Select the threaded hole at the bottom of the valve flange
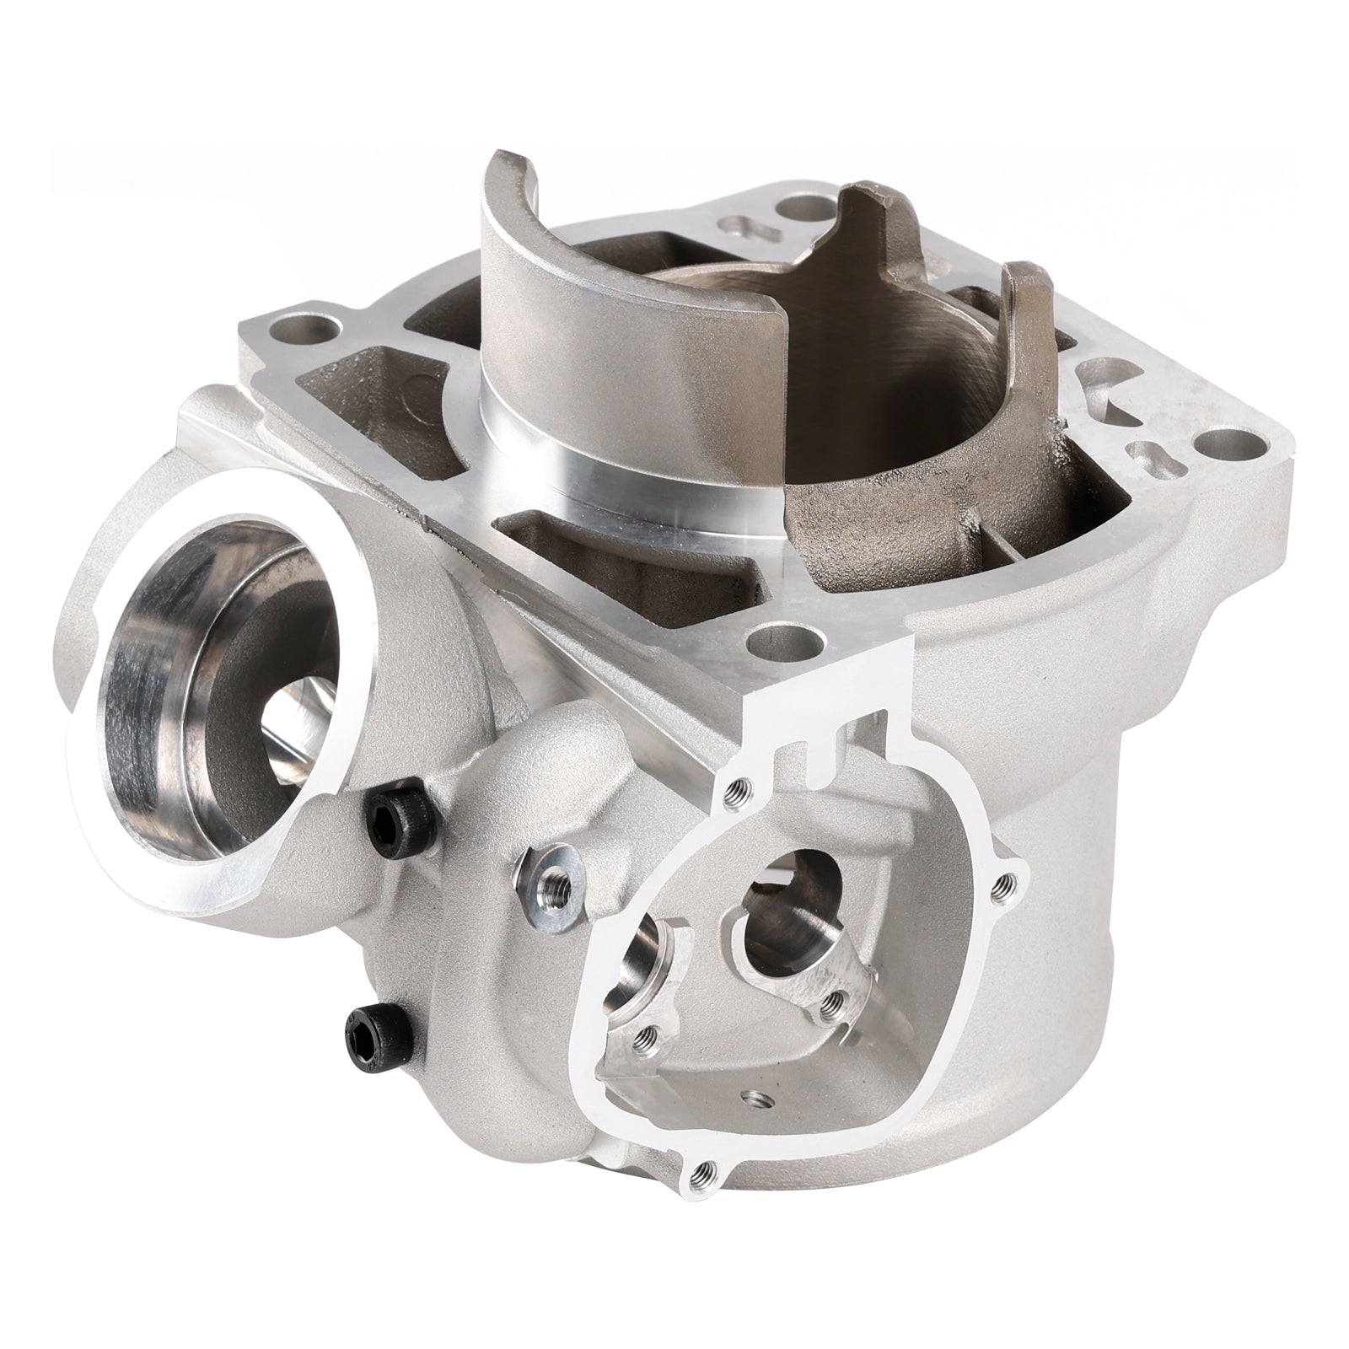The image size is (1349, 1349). [698, 1170]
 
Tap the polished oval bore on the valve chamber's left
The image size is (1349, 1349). [653, 970]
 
